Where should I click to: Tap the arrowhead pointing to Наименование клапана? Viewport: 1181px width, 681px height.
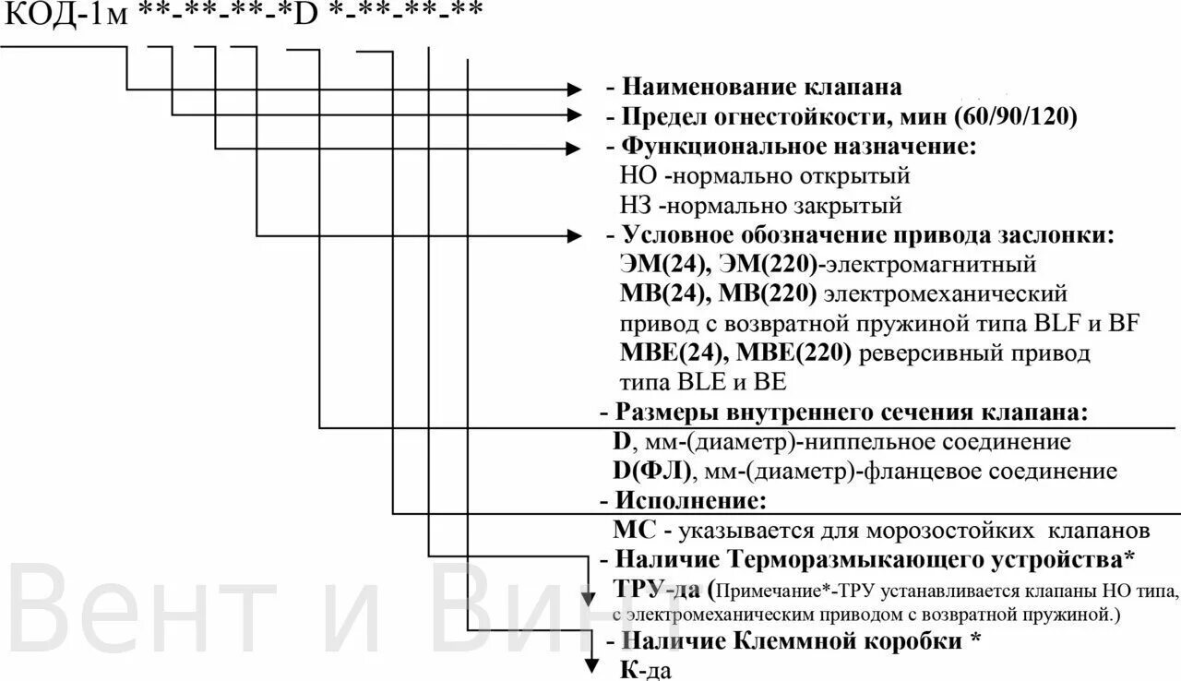(x=575, y=90)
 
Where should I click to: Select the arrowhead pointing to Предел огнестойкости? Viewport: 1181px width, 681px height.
(x=575, y=116)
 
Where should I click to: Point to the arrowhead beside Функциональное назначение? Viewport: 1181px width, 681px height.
(x=575, y=147)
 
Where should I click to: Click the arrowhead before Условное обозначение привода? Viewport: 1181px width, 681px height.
(x=575, y=235)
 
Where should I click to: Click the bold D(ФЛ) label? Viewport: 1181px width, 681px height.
(x=650, y=472)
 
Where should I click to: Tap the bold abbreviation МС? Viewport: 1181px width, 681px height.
(x=635, y=531)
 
